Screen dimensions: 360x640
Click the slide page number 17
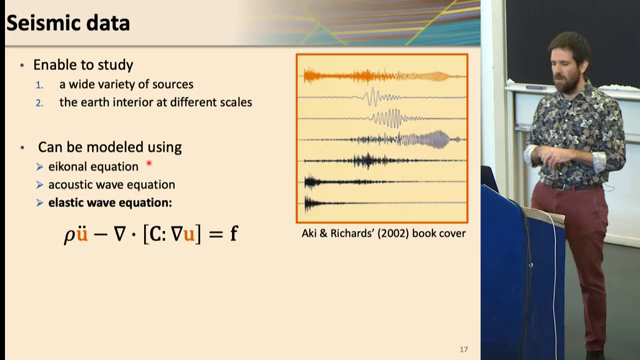point(463,348)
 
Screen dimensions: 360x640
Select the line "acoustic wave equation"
point(112,184)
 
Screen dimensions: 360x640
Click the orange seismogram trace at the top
point(380,75)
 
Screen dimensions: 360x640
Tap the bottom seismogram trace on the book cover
point(380,202)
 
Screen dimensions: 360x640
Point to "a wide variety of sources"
point(130,83)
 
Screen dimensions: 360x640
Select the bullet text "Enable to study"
point(83,64)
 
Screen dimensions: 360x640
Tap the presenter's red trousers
point(577,240)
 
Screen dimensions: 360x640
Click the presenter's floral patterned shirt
point(576,135)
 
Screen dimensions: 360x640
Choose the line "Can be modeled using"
point(110,147)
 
